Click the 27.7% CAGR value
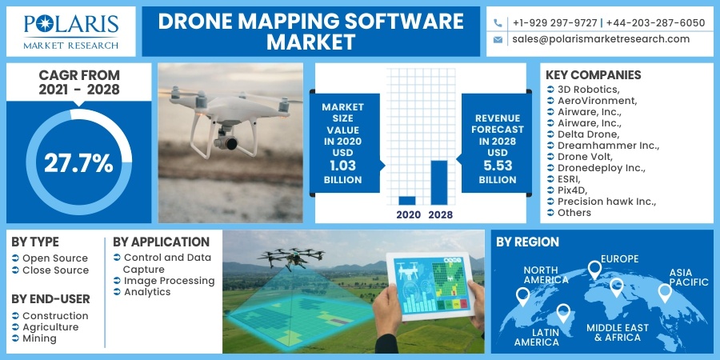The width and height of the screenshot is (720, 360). [78, 163]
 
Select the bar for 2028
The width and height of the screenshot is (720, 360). [439, 182]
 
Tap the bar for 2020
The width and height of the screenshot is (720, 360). [407, 200]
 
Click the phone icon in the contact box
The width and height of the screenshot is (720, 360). [498, 23]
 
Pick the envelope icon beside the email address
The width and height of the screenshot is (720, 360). [498, 40]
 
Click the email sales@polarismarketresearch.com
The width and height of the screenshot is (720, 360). [601, 39]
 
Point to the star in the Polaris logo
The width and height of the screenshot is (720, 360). [45, 23]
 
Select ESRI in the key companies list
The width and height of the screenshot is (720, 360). [569, 178]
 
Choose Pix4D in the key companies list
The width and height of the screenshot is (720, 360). [572, 190]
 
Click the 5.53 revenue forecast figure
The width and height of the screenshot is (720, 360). [498, 166]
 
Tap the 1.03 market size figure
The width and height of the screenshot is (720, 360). [342, 166]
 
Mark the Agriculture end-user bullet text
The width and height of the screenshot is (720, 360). [50, 327]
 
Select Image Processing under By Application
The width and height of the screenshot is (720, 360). [170, 280]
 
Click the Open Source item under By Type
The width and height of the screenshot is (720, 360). [55, 258]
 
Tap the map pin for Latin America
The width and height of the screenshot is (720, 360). [563, 313]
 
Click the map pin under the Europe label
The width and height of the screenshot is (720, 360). [594, 270]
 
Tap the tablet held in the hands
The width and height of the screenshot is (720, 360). [430, 286]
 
